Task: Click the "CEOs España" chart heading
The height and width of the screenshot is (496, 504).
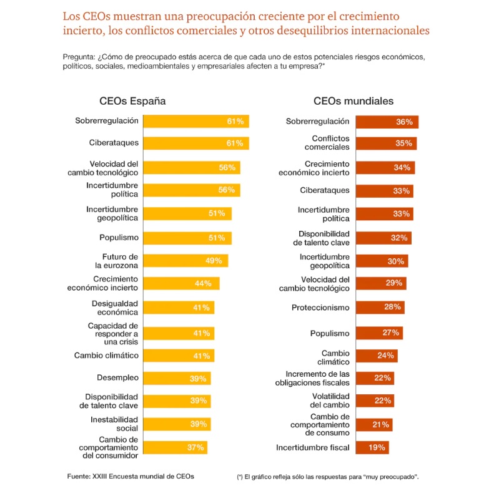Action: pos(132,101)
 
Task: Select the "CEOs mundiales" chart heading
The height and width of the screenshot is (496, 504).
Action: pos(353,101)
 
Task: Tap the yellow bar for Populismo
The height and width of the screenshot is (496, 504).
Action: pos(187,238)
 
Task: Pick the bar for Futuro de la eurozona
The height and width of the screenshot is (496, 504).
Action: pos(185,261)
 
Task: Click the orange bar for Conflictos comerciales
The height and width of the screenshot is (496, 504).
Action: pos(385,143)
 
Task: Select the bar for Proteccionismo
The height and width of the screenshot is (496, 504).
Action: pos(379,308)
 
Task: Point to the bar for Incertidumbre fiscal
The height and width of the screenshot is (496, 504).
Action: pos(372,447)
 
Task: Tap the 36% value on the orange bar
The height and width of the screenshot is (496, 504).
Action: pos(404,122)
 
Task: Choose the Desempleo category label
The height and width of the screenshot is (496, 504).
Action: pos(117,377)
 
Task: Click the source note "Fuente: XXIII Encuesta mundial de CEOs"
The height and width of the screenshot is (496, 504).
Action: pos(131,476)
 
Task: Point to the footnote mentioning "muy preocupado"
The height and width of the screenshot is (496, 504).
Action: pos(328,477)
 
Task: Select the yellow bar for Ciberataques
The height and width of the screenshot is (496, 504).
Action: pos(195,143)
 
